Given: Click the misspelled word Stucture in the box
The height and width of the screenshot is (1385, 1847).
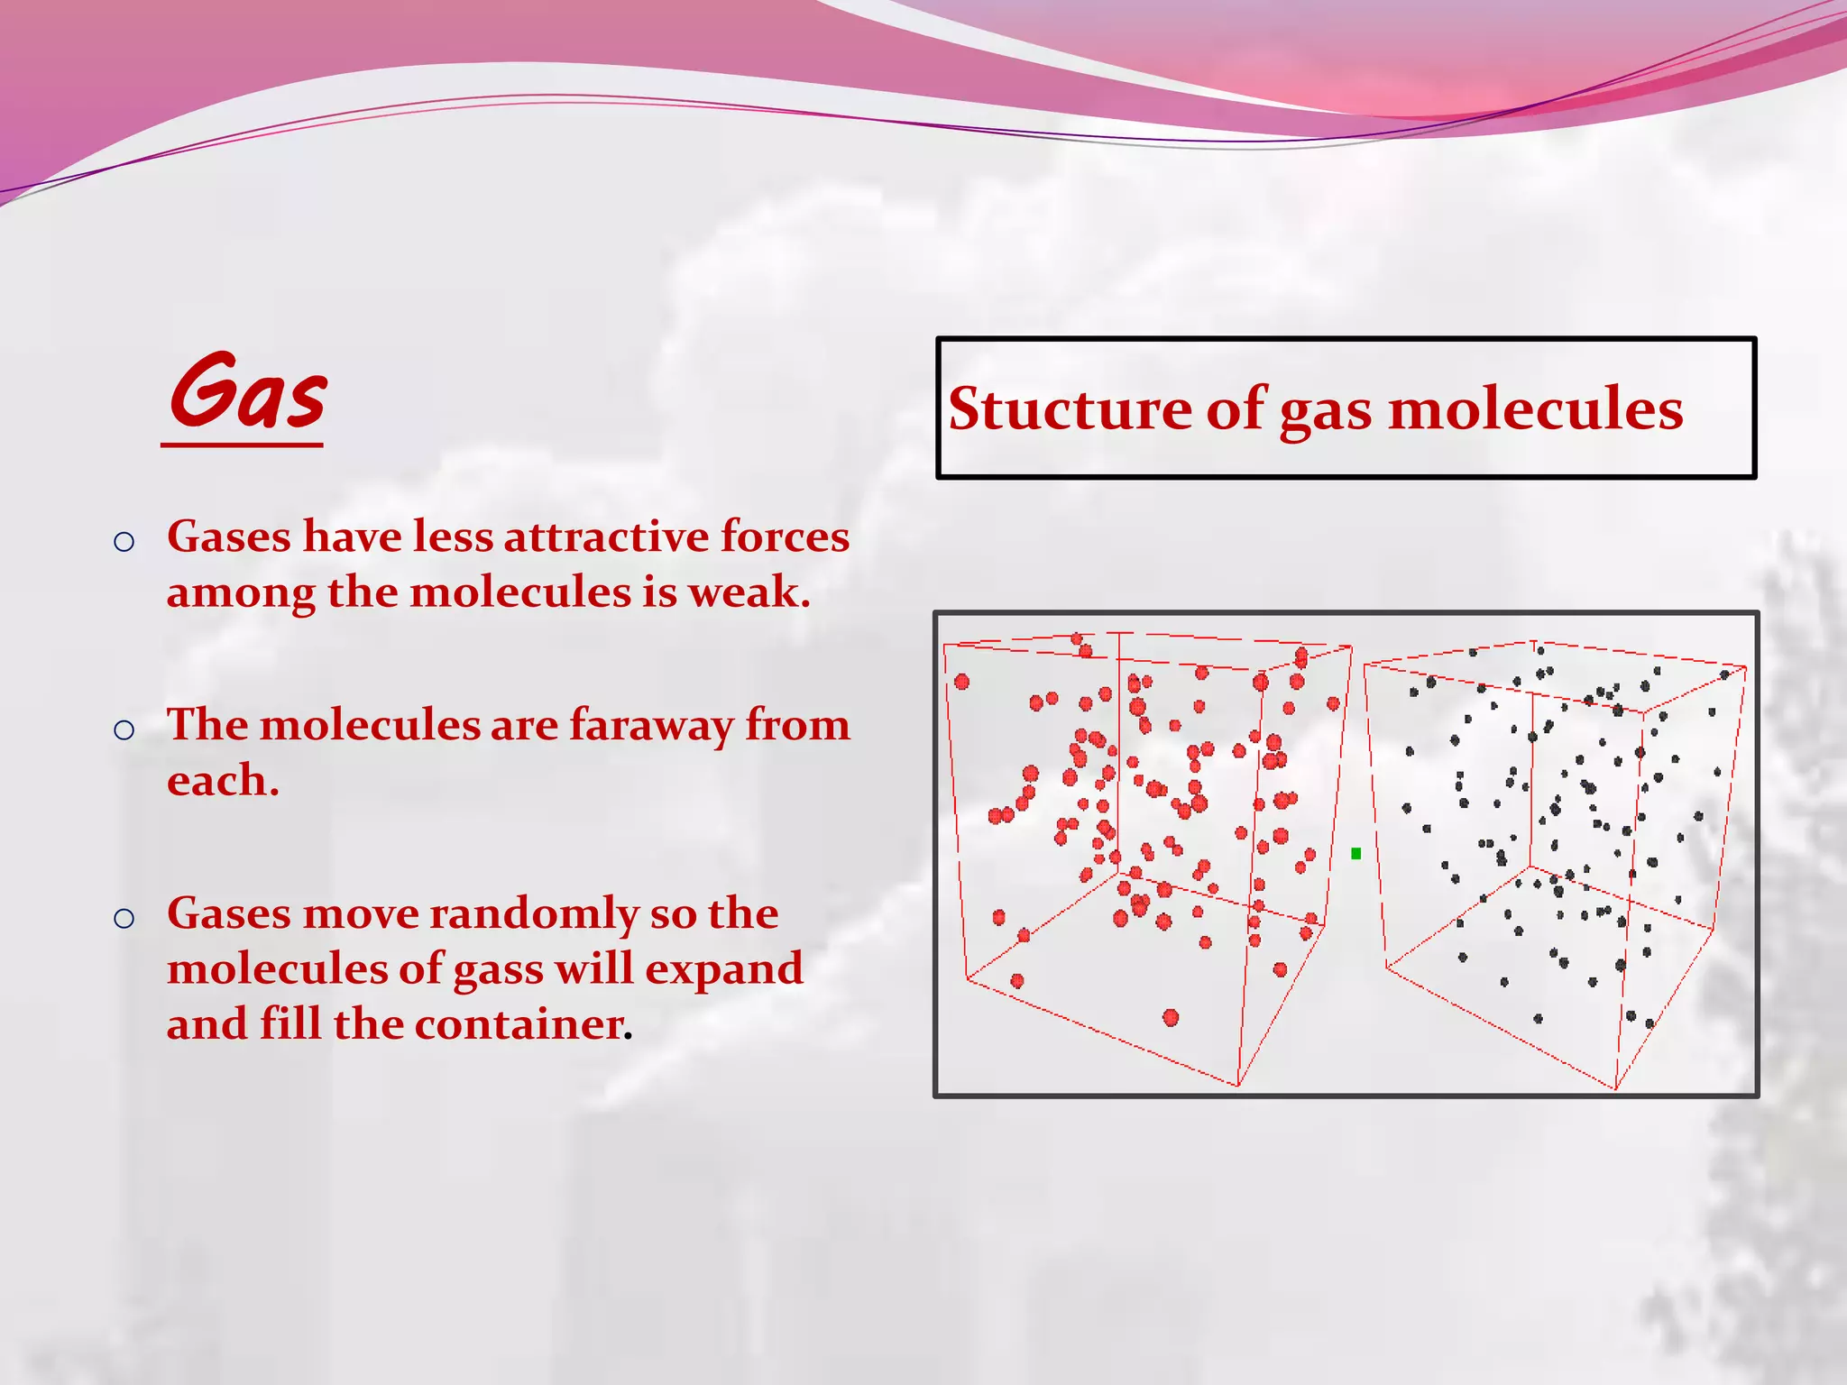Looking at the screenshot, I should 1070,409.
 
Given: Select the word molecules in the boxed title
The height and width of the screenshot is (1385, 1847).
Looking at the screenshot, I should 1535,409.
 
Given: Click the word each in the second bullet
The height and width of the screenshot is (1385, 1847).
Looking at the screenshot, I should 222,781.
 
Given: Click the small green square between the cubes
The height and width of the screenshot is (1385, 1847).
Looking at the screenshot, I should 1355,853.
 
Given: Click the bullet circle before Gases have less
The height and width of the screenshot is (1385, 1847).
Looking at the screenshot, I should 124,542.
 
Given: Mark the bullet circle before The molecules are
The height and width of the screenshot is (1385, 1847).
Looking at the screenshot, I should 124,729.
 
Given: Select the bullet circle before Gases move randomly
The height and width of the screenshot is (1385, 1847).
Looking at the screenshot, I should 124,919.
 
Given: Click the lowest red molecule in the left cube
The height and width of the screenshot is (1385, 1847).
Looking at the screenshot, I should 1171,1018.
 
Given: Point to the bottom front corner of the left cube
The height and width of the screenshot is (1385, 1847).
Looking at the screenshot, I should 1237,1086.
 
